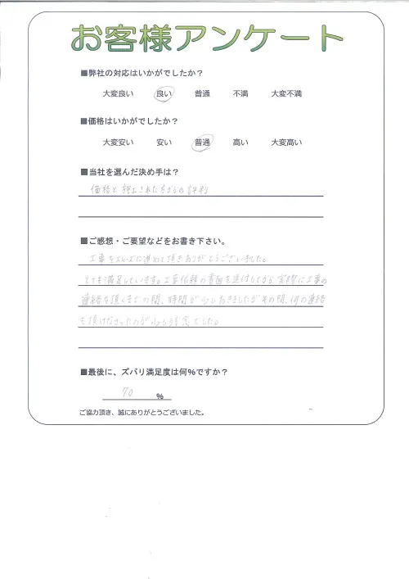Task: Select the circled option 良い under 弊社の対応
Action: pyautogui.click(x=164, y=94)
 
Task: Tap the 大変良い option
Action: pyautogui.click(x=117, y=94)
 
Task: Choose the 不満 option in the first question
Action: pyautogui.click(x=240, y=94)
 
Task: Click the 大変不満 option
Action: pyautogui.click(x=286, y=94)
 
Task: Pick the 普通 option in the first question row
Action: pyautogui.click(x=202, y=94)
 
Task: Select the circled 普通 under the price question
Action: pyautogui.click(x=202, y=143)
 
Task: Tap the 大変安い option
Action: pyautogui.click(x=117, y=143)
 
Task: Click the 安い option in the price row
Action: pyautogui.click(x=164, y=143)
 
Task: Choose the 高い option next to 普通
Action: pyautogui.click(x=240, y=143)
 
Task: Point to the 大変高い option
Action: pyautogui.click(x=286, y=143)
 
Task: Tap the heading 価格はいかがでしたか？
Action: pyautogui.click(x=135, y=121)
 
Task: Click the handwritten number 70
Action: pyautogui.click(x=128, y=393)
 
